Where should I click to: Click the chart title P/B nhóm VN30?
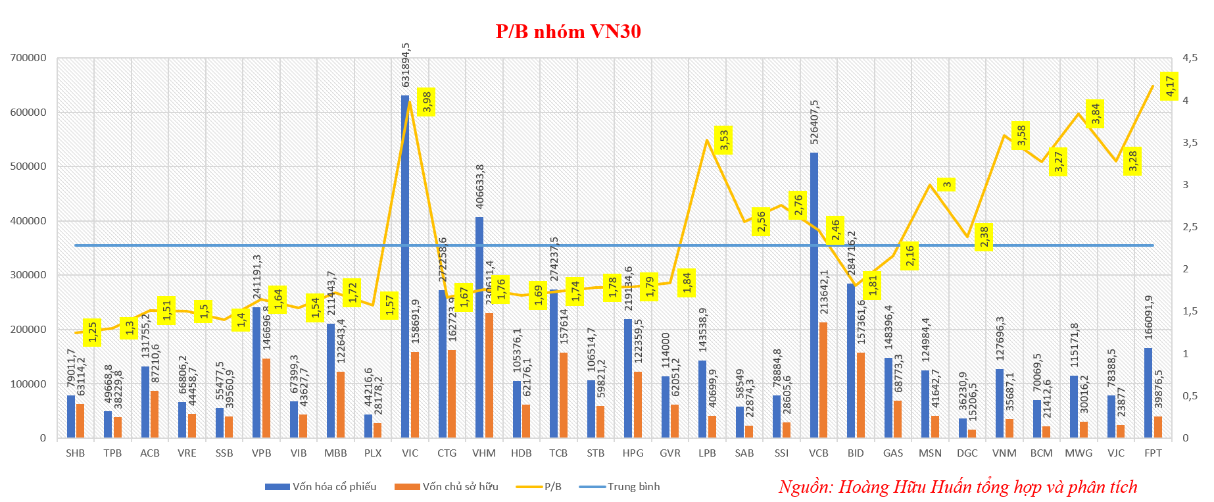(568, 32)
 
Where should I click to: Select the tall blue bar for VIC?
(405, 266)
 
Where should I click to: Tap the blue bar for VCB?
(814, 296)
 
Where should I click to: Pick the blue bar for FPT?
(1148, 393)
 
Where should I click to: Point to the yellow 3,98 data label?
(427, 102)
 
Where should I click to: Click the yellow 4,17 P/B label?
(1169, 86)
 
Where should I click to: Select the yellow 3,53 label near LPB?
(723, 140)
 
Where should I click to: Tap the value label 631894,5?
(406, 64)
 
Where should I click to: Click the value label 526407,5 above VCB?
(815, 122)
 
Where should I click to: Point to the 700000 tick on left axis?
(28, 58)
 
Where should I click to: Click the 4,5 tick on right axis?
(1190, 58)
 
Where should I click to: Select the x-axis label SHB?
(76, 453)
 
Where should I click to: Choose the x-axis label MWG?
(1079, 453)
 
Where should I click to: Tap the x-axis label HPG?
(633, 453)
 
